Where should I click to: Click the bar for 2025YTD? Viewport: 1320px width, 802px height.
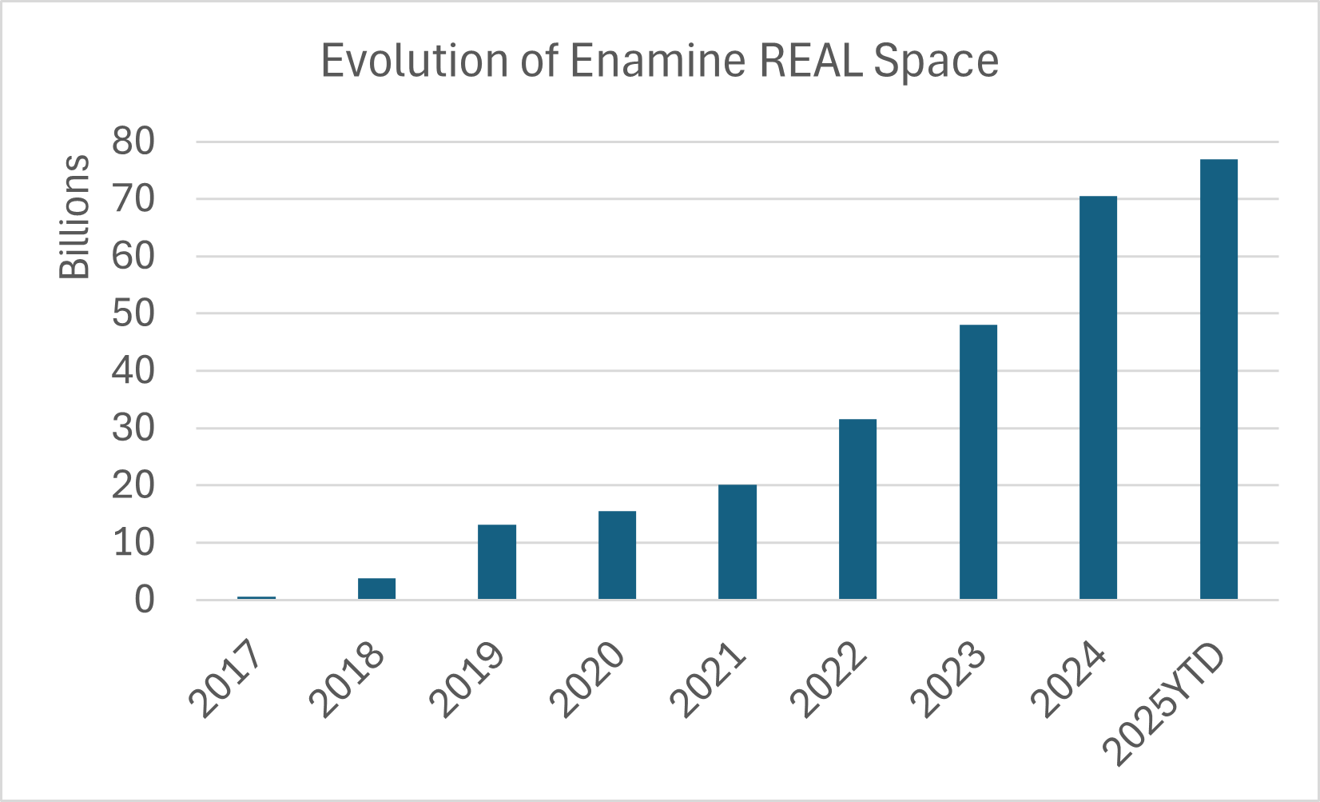click(x=1219, y=379)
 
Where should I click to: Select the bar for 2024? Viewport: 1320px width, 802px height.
click(x=1098, y=397)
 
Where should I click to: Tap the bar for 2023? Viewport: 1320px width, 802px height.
click(x=978, y=462)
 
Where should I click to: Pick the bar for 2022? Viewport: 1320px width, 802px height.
click(x=857, y=509)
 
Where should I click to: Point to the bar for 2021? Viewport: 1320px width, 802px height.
click(x=737, y=542)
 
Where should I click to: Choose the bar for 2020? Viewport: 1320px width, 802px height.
click(x=617, y=555)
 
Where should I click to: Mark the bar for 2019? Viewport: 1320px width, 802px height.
click(x=496, y=562)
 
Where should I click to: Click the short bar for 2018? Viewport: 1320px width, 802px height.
click(x=376, y=589)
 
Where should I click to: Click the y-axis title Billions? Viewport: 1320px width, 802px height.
click(x=75, y=217)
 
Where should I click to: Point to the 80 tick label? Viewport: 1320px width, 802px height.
click(x=133, y=142)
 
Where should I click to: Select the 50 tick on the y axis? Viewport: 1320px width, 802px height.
click(x=133, y=313)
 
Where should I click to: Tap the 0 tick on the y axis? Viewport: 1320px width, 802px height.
click(x=144, y=600)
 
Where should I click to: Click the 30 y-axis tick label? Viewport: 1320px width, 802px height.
click(x=133, y=429)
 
